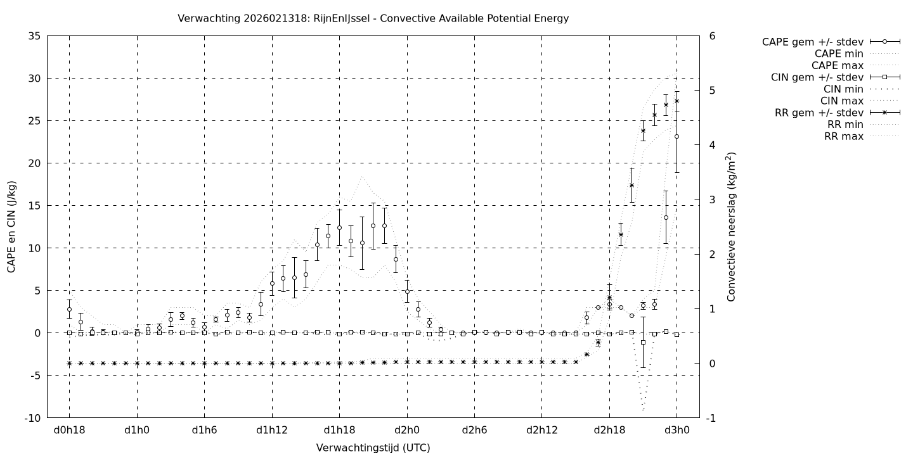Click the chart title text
pos(373,18)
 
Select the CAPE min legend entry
pos(838,54)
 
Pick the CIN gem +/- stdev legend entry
pos(817,77)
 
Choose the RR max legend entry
pos(843,136)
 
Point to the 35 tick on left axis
pos(35,36)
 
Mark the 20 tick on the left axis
pos(35,163)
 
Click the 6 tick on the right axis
pos(713,36)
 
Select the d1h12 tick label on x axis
pos(272,430)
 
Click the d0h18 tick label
pos(69,430)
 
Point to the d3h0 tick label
pos(677,430)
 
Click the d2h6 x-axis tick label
pos(474,430)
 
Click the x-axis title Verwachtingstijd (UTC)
pos(373,448)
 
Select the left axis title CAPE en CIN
pos(12,227)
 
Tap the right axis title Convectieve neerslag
pos(732,227)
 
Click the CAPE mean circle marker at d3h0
pos(677,136)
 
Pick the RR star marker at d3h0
pos(677,101)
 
